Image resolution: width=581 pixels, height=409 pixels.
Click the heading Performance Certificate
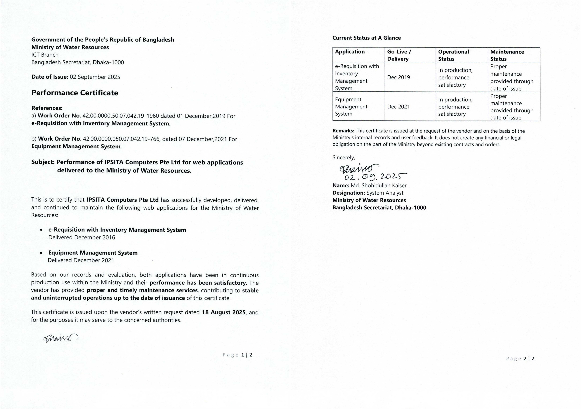[x=75, y=93]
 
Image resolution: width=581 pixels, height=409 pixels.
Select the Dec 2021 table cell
[x=398, y=107]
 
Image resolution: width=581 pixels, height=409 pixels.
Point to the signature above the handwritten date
[x=359, y=168]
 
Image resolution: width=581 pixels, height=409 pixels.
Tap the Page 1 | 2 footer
[x=237, y=355]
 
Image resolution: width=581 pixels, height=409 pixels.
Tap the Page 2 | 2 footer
[x=520, y=358]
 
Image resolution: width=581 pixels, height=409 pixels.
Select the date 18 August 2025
[x=224, y=312]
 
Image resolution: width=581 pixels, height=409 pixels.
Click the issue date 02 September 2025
[x=95, y=77]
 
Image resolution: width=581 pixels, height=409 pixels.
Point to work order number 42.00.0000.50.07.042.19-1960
[x=121, y=116]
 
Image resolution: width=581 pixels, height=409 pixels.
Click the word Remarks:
[x=343, y=131]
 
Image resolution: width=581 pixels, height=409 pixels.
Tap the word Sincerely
[x=343, y=157]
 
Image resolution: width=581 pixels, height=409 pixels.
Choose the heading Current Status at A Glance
[x=366, y=38]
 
